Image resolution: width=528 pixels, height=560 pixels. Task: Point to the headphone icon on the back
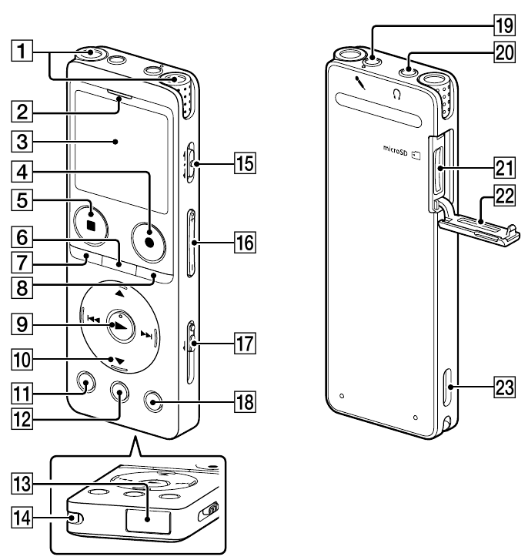397,95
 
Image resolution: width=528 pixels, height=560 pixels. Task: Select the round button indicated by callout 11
85,383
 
